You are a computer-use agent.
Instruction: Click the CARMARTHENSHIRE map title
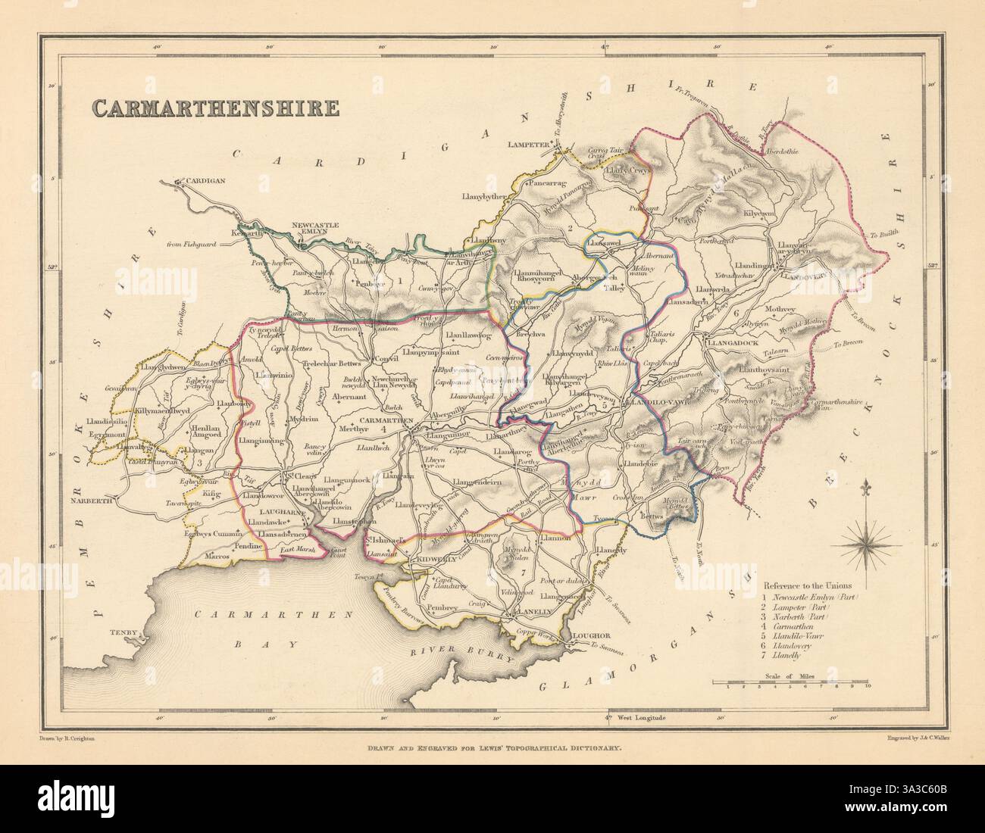[215, 107]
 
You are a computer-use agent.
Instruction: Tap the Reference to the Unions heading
[807, 585]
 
